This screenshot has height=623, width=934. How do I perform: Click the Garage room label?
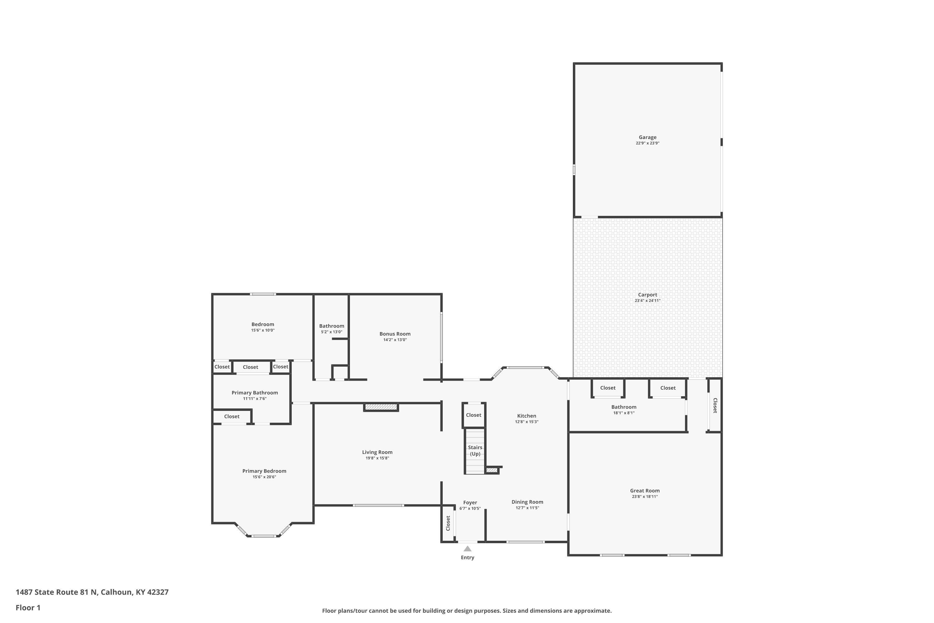click(x=647, y=137)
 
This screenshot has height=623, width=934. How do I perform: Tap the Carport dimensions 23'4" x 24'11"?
click(x=647, y=301)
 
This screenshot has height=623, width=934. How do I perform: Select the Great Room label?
click(x=644, y=491)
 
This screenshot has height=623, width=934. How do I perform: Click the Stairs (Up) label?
click(x=475, y=450)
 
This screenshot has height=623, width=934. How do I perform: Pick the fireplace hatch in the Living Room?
click(x=381, y=407)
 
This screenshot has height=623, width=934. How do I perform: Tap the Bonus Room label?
click(x=395, y=334)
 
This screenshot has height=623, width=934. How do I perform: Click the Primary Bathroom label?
click(x=255, y=392)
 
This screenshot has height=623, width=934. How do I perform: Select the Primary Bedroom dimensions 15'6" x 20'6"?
click(x=264, y=477)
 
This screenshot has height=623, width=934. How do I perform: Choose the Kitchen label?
click(x=526, y=416)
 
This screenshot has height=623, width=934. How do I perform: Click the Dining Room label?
click(x=527, y=502)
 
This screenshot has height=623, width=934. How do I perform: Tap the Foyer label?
click(x=470, y=503)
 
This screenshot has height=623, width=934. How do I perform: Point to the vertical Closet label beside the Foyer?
click(x=448, y=523)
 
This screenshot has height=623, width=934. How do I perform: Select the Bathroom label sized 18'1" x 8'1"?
click(x=624, y=407)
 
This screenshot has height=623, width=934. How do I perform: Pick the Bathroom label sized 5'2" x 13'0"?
click(x=332, y=326)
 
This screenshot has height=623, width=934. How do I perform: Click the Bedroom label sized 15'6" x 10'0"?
click(x=262, y=324)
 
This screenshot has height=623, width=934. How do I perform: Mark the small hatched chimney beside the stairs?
click(x=491, y=470)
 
